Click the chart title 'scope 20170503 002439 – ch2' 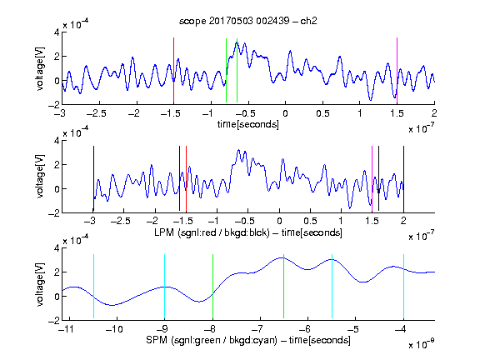pos(247,21)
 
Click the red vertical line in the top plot pos(173,70)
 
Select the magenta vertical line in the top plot pos(397,70)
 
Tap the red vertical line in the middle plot pos(186,179)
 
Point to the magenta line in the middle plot pos(372,179)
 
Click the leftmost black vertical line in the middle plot pos(93,179)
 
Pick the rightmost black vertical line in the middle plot pos(403,179)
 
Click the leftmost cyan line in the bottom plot pos(93,286)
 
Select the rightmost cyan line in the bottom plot pos(403,286)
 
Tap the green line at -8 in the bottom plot pos(212,286)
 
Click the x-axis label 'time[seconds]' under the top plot pos(248,124)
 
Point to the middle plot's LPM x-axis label pos(248,232)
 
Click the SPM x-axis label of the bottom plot pos(248,340)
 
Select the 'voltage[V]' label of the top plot pos(40,68)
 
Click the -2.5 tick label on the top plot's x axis pos(96,113)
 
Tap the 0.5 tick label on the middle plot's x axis pos(310,221)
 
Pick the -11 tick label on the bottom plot pos(67,329)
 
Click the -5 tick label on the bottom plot pos(354,329)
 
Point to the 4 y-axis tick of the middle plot pos(57,141)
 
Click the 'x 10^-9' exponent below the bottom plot pos(422,344)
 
